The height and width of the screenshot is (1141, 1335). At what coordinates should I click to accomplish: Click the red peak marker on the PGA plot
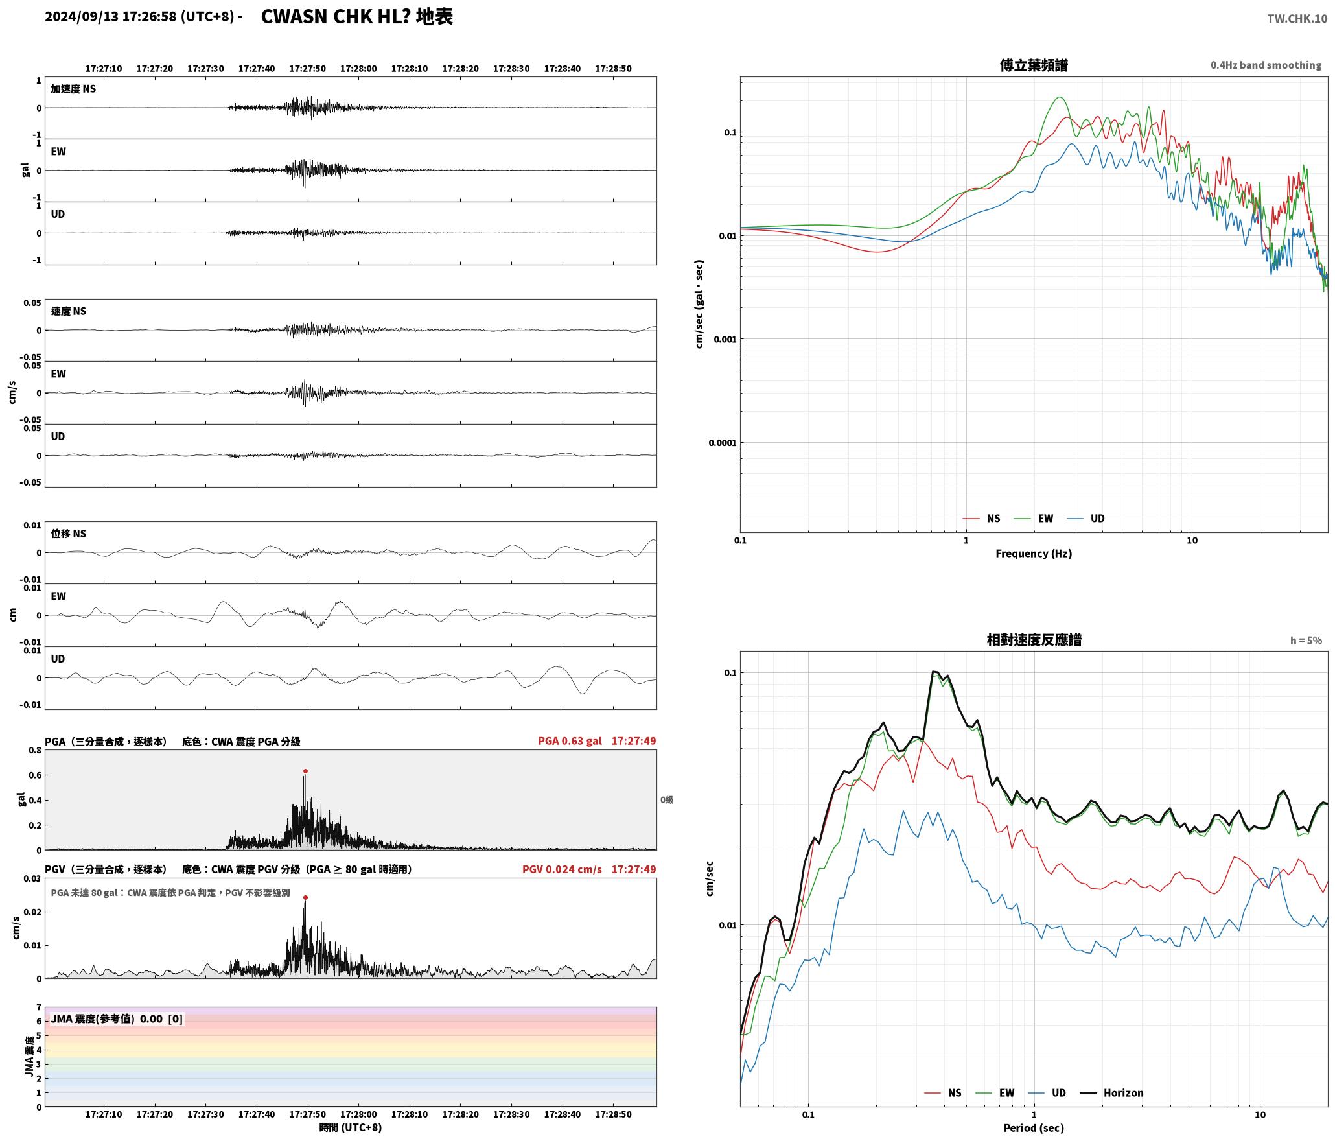pos(305,771)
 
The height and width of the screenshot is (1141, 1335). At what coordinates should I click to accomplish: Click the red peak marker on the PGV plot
pos(305,898)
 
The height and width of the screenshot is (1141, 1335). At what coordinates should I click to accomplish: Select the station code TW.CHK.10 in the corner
pos(1297,19)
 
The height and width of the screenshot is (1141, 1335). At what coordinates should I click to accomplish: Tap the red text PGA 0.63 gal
pos(570,741)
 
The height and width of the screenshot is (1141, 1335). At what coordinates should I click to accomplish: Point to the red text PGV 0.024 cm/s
pos(562,869)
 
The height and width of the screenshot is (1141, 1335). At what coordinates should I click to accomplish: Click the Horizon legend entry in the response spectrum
pos(1112,1093)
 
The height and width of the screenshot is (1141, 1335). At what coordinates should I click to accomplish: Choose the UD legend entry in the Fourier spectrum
pos(1086,519)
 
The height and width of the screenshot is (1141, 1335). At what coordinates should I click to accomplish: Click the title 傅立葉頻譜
pos(1034,65)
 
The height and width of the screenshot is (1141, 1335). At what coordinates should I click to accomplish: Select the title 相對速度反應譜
pos(1034,640)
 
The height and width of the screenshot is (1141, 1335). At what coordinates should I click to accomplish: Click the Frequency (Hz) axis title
pos(1034,554)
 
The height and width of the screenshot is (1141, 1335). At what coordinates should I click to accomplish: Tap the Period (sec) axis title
pos(1034,1128)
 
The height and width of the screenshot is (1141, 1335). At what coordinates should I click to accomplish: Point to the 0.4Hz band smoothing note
pos(1266,65)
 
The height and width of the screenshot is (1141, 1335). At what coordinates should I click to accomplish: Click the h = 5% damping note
pos(1306,641)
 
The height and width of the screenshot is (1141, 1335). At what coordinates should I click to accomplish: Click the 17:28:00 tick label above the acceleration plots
pos(358,69)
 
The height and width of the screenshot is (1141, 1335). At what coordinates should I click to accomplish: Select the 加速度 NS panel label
pos(73,89)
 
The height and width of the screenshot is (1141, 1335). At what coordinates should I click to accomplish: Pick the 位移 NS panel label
pos(69,534)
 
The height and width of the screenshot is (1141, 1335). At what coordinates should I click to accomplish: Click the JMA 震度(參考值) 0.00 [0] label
pos(117,1019)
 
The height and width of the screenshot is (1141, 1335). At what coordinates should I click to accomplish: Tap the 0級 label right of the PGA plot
pos(667,800)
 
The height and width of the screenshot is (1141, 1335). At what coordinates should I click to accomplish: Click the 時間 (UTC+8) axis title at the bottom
pos(351,1127)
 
